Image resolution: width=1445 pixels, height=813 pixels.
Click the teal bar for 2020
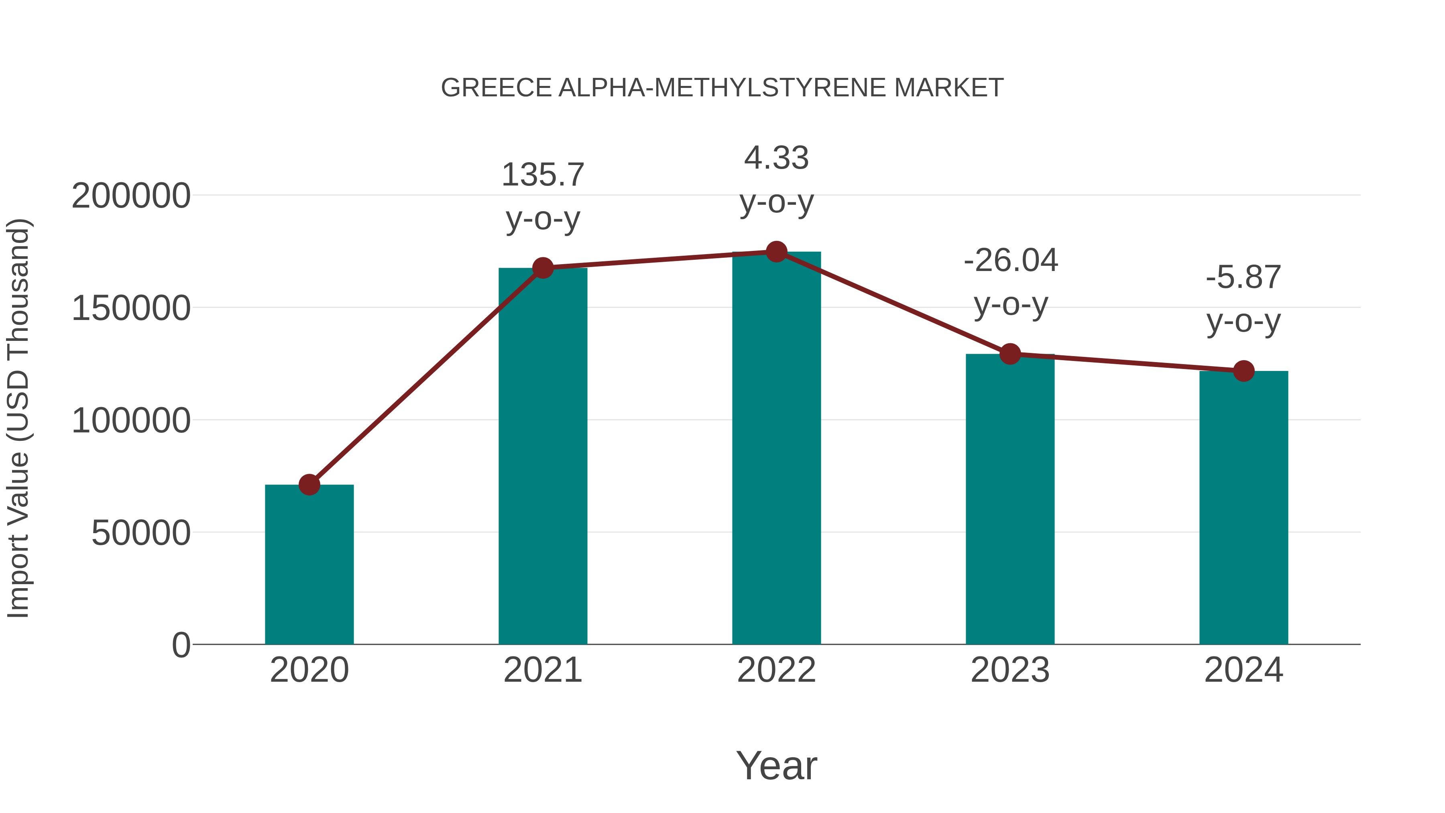click(x=309, y=564)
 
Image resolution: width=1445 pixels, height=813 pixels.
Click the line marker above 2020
click(x=309, y=484)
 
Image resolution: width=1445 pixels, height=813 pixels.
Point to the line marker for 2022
click(x=776, y=252)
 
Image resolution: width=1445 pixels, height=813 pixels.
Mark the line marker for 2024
click(x=1244, y=371)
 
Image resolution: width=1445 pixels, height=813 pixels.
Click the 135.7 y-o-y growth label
click(x=542, y=196)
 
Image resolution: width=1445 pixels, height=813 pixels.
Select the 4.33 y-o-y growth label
click(x=776, y=179)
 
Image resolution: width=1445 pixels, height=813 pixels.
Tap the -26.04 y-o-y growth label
click(x=1010, y=282)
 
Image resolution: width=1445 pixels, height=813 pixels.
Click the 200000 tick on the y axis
click(x=131, y=196)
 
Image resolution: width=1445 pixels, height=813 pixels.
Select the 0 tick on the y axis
click(x=181, y=645)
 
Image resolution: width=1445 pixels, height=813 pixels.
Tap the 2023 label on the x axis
click(x=1010, y=670)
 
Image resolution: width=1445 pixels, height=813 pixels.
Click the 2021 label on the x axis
click(x=542, y=670)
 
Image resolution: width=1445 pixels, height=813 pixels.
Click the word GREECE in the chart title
click(x=497, y=88)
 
